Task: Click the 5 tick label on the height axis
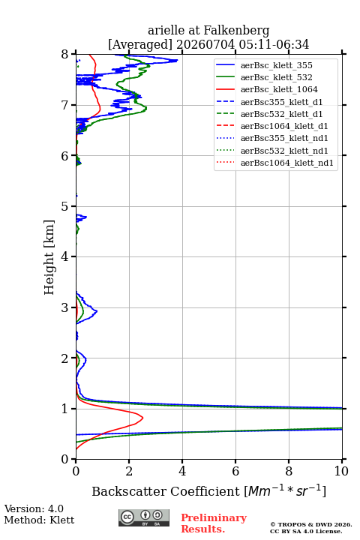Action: pos(65,206)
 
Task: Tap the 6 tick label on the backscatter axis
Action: pos(235,471)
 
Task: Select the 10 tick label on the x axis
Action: pos(341,471)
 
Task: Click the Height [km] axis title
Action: pos(49,257)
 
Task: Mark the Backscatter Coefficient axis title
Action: pos(208,490)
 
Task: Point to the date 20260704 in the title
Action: pos(205,44)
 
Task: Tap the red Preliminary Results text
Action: pos(214,523)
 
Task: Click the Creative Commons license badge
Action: pos(144,518)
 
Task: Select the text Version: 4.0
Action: pos(34,508)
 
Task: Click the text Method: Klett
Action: pos(39,520)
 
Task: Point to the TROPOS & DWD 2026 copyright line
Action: pos(311,524)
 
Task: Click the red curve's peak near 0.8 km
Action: pos(142,418)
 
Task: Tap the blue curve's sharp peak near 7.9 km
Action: pos(177,61)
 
